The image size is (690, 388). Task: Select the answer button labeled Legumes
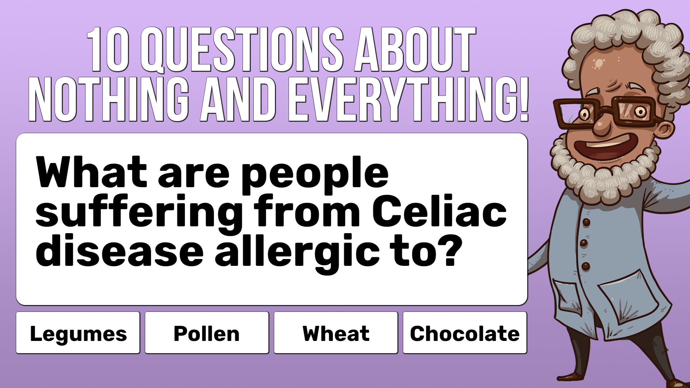click(78, 333)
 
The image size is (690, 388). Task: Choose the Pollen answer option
click(207, 333)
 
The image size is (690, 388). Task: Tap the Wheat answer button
click(336, 333)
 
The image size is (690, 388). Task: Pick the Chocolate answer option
click(465, 333)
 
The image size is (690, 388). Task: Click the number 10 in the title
click(108, 50)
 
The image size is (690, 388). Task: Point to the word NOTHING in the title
click(109, 99)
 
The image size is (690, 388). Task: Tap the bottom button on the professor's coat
click(586, 267)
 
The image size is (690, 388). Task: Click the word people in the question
click(315, 175)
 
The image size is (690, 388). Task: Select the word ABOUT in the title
click(415, 50)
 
